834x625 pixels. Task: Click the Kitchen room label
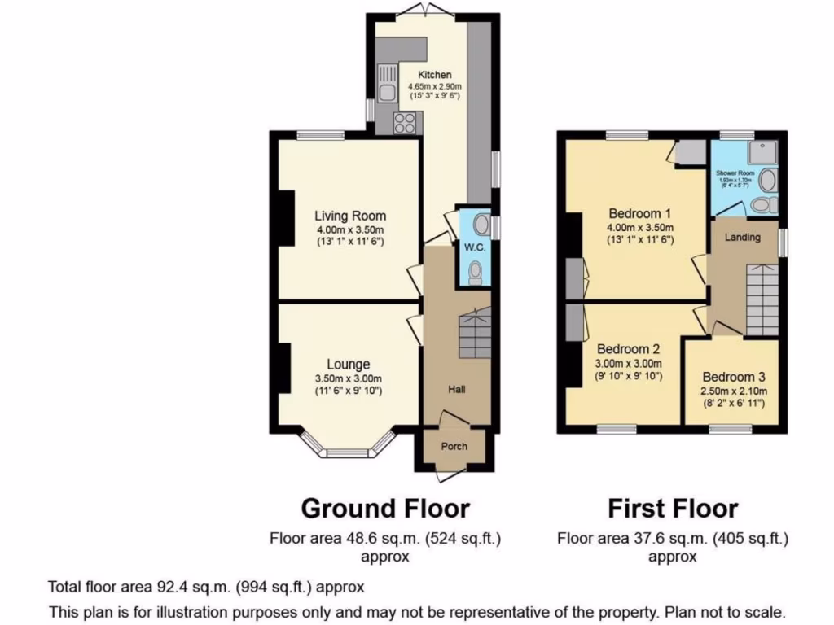434,75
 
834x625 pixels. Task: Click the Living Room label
350,216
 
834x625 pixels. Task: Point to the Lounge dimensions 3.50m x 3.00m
349,378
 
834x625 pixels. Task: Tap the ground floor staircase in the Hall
475,334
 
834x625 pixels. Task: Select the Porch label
454,446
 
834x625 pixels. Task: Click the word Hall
456,390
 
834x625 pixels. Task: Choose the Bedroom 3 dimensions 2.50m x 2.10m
733,391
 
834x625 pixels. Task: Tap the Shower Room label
734,174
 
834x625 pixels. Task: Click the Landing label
742,238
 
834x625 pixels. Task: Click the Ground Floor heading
385,509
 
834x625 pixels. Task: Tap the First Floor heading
673,509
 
